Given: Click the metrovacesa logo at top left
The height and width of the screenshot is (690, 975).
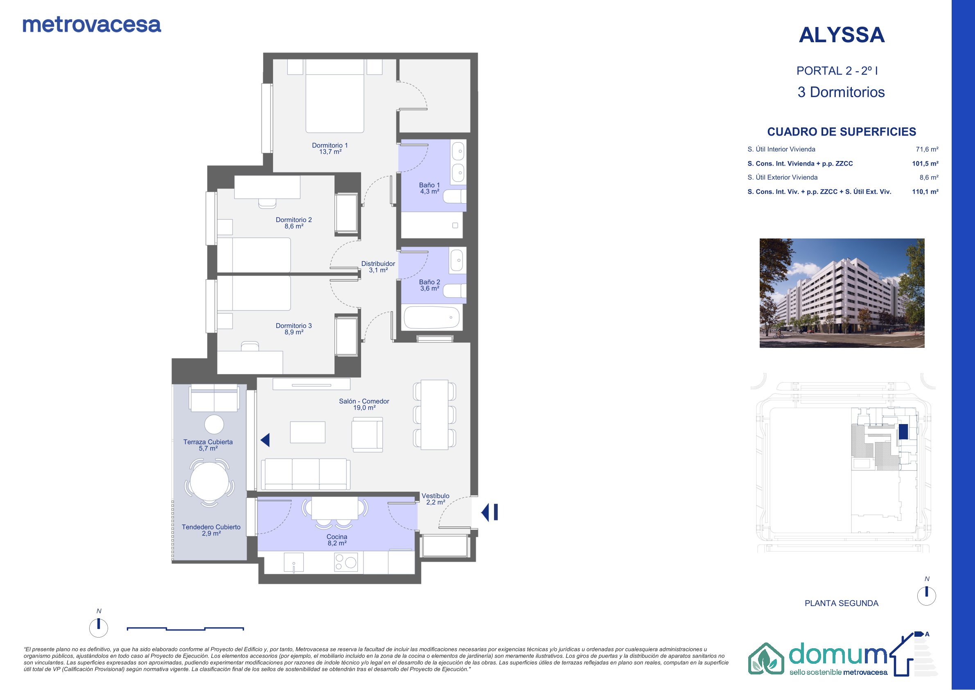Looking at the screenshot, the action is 92,25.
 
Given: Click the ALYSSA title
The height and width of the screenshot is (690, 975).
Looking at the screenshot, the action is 842,35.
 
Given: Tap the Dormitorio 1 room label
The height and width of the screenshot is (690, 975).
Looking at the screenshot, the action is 330,148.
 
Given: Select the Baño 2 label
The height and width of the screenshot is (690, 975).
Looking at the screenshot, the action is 430,285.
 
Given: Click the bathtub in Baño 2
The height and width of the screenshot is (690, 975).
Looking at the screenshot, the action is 432,318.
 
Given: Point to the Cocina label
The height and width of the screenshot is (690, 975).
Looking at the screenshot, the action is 337,540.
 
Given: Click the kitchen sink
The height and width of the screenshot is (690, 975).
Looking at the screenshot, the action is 294,563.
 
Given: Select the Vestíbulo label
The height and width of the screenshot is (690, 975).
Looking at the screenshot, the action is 435,499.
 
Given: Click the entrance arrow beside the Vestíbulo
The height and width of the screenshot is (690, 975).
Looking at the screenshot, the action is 489,512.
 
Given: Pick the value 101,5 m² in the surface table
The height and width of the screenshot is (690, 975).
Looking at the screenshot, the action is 925,163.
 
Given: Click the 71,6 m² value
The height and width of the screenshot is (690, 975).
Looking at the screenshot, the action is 927,150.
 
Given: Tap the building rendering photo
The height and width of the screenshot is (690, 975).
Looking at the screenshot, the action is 842,293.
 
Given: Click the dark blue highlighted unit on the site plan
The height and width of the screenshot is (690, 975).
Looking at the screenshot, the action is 903,431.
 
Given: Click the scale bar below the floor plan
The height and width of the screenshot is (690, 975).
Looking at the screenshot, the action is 185,629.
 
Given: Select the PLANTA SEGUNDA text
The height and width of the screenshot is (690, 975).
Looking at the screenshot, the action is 841,603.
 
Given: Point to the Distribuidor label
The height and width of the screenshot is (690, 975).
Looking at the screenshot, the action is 378,267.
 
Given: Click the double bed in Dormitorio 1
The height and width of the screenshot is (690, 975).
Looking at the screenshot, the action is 335,96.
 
